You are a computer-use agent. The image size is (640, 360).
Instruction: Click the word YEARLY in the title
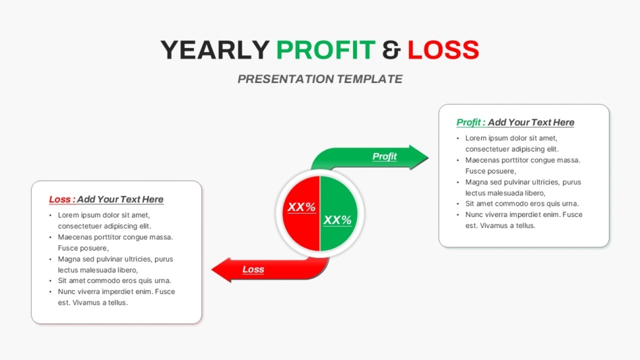click(215, 50)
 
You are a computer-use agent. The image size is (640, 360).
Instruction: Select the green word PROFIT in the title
click(325, 50)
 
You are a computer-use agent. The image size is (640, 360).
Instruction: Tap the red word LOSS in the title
click(443, 50)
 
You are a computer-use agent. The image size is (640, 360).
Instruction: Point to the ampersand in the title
click(391, 50)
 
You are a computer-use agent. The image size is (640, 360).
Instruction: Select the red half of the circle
click(301, 213)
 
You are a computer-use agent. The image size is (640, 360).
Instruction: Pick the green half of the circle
click(339, 213)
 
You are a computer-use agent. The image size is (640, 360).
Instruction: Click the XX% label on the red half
click(302, 207)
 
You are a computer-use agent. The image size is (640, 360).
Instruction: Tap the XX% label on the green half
click(338, 220)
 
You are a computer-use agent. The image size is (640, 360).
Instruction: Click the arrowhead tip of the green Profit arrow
click(428, 157)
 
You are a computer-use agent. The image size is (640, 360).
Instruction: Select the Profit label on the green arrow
click(385, 156)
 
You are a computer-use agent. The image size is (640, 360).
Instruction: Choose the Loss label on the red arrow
click(253, 269)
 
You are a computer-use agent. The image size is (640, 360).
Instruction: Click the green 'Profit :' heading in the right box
click(471, 122)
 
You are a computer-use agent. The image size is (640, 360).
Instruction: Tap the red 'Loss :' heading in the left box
click(62, 200)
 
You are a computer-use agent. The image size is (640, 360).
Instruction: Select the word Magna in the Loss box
click(69, 259)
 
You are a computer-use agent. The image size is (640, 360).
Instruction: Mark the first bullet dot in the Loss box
click(51, 215)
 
